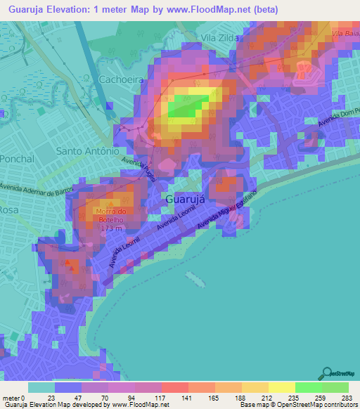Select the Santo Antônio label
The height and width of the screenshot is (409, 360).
point(87,151)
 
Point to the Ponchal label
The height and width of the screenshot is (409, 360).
point(17,159)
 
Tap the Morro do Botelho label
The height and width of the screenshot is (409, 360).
point(108,216)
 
